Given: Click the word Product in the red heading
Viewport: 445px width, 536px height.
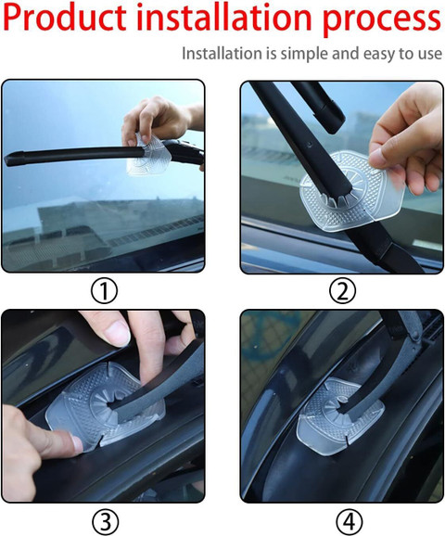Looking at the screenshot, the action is pyautogui.click(x=65, y=19).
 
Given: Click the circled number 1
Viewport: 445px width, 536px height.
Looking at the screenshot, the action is pyautogui.click(x=104, y=291).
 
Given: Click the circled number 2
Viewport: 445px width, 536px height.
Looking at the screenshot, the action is pyautogui.click(x=342, y=290).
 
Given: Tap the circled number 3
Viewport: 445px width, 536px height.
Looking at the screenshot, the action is pyautogui.click(x=106, y=522).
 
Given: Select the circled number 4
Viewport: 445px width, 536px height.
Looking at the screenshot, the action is pyautogui.click(x=349, y=522).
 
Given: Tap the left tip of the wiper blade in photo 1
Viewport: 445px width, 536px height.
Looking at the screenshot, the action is pyautogui.click(x=6, y=160).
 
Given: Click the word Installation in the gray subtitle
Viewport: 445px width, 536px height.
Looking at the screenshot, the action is pyautogui.click(x=222, y=54).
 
